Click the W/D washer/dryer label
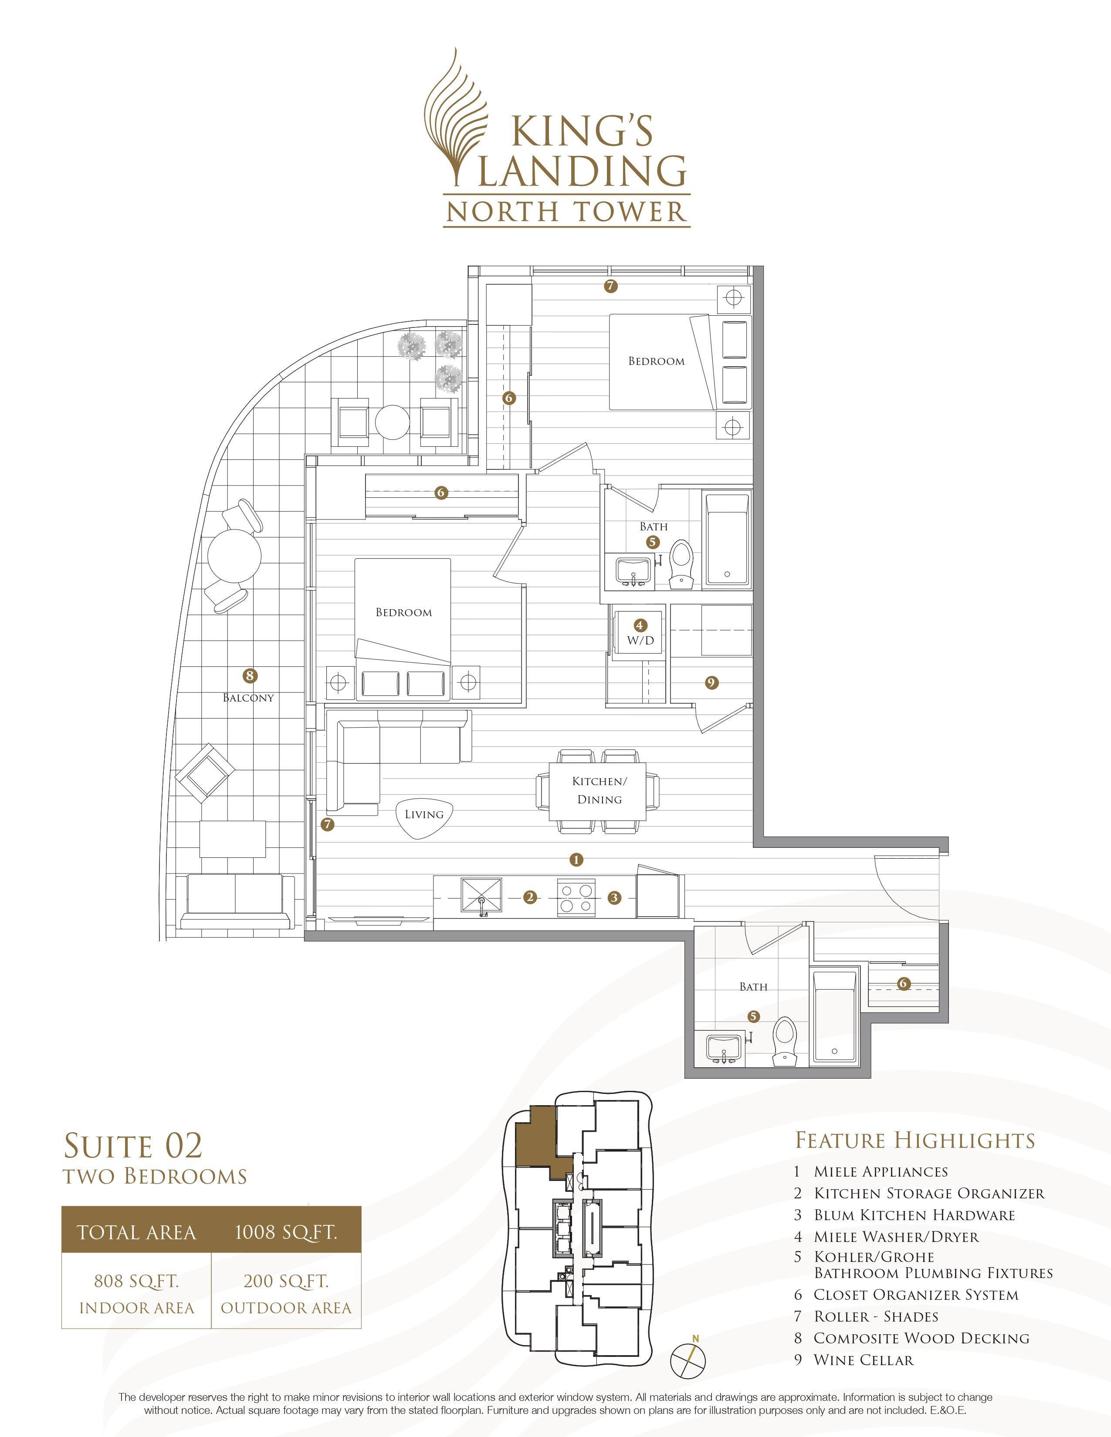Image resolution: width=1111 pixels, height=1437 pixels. (640, 640)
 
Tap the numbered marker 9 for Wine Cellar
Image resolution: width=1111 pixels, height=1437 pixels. (711, 683)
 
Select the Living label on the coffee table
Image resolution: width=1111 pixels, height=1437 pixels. (424, 815)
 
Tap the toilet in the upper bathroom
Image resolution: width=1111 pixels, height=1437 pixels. (681, 564)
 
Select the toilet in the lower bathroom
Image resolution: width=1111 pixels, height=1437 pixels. (784, 1042)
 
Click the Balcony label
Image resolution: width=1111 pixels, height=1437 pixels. (248, 698)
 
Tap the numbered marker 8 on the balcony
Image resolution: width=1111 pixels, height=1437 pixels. (249, 675)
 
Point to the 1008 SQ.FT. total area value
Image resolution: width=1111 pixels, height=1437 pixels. (286, 1232)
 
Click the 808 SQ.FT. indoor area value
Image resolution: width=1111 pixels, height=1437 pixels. (137, 1281)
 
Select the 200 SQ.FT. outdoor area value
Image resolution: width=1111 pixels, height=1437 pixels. (286, 1281)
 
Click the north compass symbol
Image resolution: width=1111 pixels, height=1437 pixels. (688, 1358)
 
